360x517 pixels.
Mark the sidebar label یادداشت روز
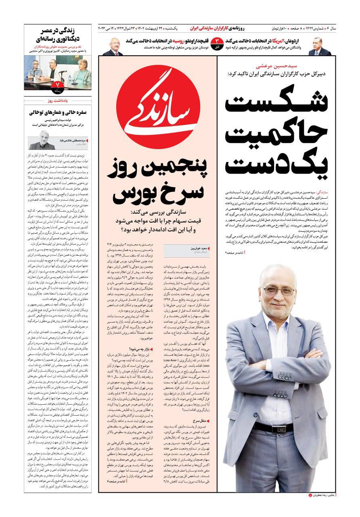click(x=58, y=99)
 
